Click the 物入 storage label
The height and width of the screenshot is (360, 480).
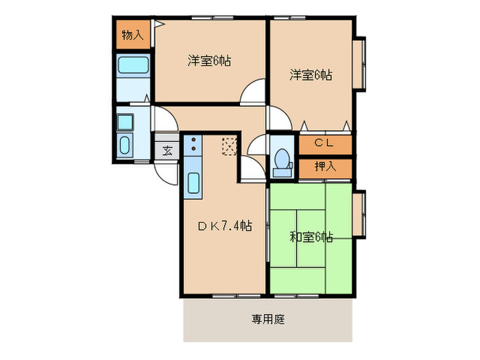click(x=132, y=35)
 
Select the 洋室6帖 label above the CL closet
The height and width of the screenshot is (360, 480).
click(x=311, y=75)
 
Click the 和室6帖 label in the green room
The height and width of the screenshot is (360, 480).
click(x=311, y=237)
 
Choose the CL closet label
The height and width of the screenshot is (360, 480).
click(x=324, y=143)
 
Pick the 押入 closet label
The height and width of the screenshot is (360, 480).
click(x=324, y=166)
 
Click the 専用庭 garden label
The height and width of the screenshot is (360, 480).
click(x=267, y=319)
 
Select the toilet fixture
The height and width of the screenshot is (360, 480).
click(x=281, y=159)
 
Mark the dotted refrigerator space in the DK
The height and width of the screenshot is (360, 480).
click(x=229, y=145)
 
